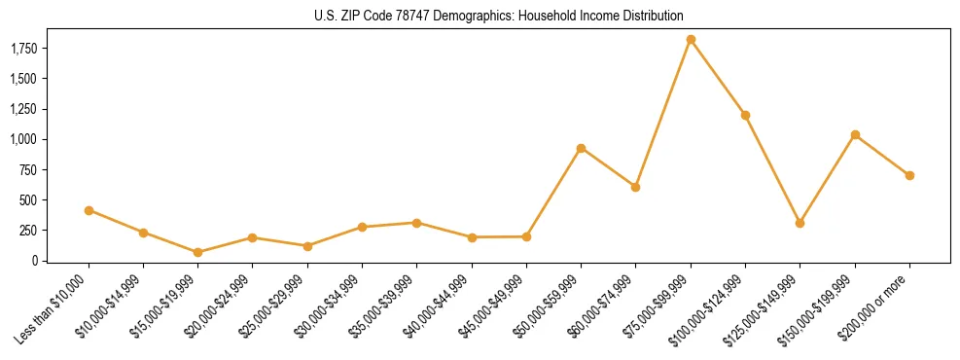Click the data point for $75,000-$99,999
(x=691, y=40)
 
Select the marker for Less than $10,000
(x=89, y=210)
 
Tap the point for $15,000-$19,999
(x=197, y=252)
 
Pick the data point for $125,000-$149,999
(x=800, y=223)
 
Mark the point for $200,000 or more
(x=909, y=175)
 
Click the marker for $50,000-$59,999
(x=581, y=148)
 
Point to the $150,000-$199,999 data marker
(x=855, y=134)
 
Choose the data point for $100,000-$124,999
(x=745, y=115)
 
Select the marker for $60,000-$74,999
(x=635, y=187)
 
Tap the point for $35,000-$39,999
(x=416, y=223)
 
